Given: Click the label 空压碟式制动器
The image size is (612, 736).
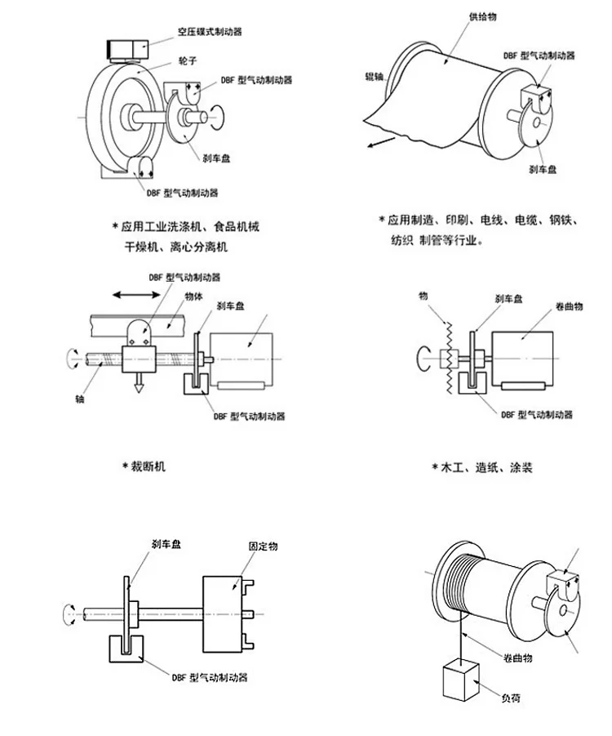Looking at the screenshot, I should (210, 32).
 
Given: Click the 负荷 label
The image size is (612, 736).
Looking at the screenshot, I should (510, 698).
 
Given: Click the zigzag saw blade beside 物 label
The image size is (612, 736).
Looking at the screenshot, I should (448, 358).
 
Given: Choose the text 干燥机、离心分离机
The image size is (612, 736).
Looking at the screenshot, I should (178, 245).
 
